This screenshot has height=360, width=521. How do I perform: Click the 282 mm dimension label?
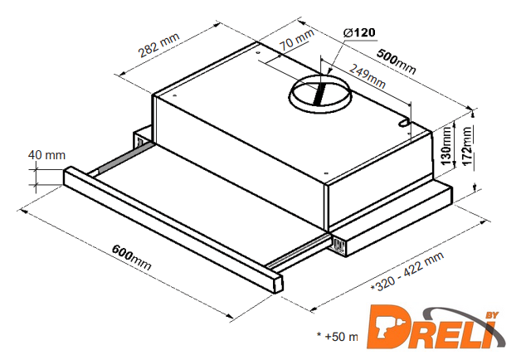[x=158, y=45]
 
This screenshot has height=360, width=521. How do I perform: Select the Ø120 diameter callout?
[x=360, y=32]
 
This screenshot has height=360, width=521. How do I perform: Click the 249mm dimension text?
[x=368, y=75]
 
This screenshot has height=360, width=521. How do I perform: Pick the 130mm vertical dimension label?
[x=446, y=145]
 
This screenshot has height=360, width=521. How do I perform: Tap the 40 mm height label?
[x=46, y=155]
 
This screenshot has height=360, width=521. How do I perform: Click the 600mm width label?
[x=131, y=257]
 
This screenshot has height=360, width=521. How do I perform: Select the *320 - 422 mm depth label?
[x=407, y=272]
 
